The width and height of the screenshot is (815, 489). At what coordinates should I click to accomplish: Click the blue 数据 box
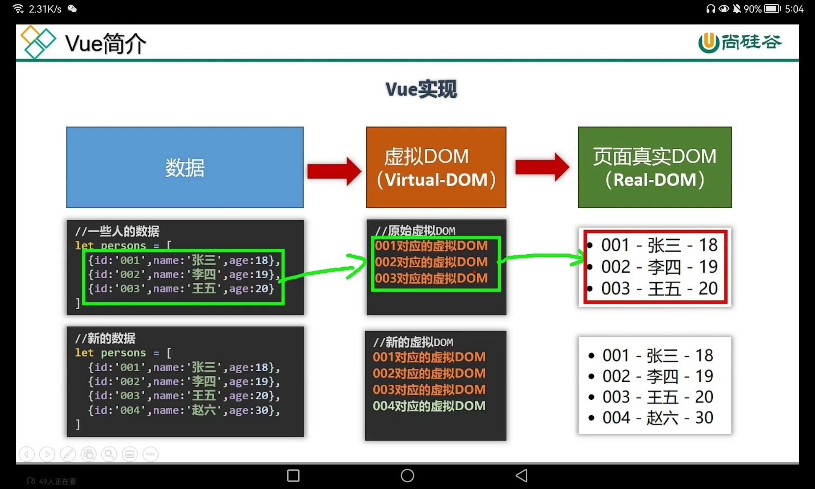pyautogui.click(x=185, y=167)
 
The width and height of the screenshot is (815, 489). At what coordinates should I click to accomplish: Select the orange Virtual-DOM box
pyautogui.click(x=436, y=167)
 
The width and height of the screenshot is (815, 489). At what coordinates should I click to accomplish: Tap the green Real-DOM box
pyautogui.click(x=654, y=167)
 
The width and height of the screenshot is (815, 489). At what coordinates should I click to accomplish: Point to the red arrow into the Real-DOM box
pyautogui.click(x=542, y=167)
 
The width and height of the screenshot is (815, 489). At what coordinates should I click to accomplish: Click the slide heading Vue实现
pyautogui.click(x=421, y=89)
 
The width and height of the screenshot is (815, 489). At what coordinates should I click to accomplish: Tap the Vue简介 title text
pyautogui.click(x=105, y=44)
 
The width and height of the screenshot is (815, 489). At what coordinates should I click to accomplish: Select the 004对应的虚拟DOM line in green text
pyautogui.click(x=429, y=406)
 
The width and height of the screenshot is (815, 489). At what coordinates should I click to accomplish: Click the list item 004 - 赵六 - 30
pyautogui.click(x=657, y=418)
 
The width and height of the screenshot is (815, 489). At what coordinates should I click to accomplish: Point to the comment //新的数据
pyautogui.click(x=105, y=338)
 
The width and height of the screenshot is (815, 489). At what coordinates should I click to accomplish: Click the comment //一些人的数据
pyautogui.click(x=117, y=231)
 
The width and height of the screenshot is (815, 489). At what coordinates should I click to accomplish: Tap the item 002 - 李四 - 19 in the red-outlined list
pyautogui.click(x=659, y=267)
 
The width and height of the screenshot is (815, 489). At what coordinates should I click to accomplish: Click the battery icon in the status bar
pyautogui.click(x=772, y=9)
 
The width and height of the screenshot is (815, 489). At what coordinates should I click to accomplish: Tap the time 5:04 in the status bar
pyautogui.click(x=794, y=9)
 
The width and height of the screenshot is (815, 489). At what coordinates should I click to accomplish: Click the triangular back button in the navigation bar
pyautogui.click(x=522, y=475)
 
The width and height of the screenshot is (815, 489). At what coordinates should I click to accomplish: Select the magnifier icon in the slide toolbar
pyautogui.click(x=109, y=454)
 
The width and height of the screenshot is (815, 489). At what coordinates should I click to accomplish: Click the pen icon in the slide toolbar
pyautogui.click(x=68, y=454)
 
